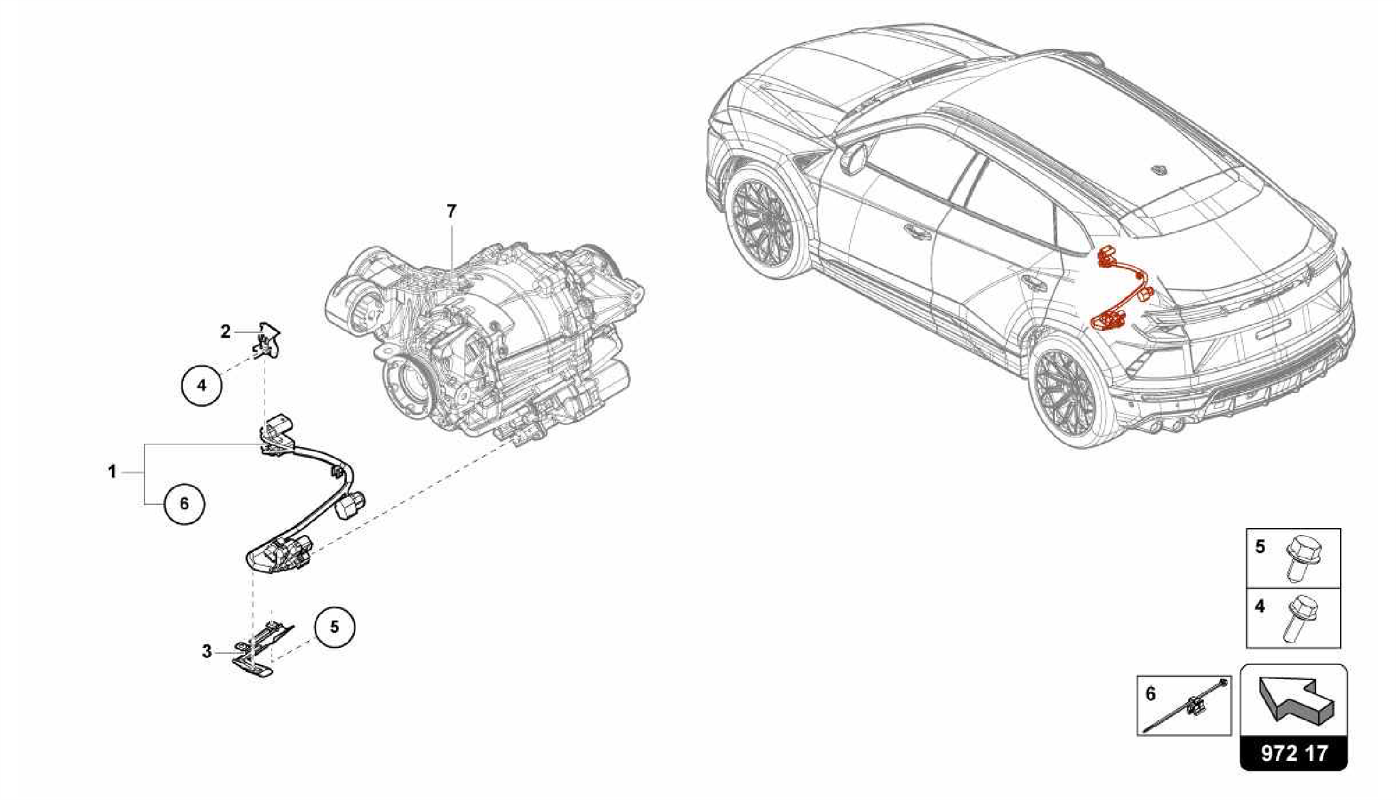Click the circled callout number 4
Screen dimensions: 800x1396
coord(201,385)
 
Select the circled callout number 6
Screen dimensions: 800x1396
coord(184,504)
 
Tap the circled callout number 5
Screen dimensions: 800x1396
coord(334,626)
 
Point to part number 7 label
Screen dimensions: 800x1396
coord(451,212)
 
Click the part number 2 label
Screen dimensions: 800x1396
coord(226,332)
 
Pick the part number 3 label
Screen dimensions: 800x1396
coord(207,651)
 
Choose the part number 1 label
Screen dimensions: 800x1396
coord(112,472)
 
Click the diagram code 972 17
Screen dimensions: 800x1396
coord(1294,753)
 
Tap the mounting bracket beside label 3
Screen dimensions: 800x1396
coord(262,651)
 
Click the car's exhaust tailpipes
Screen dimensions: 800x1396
coord(1167,426)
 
